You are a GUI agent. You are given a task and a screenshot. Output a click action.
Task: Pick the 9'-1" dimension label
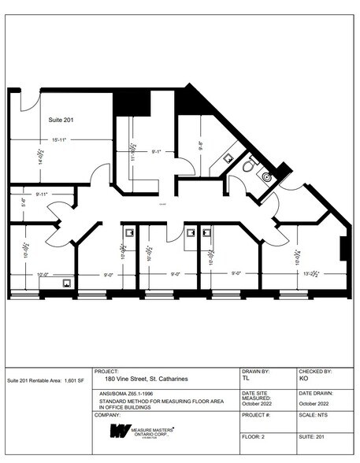click(x=157, y=151)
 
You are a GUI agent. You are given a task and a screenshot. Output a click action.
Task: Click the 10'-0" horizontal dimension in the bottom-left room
click(x=44, y=274)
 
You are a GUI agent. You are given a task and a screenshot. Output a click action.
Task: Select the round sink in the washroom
click(x=266, y=177)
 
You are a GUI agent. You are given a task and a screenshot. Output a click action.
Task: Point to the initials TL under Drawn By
click(x=247, y=379)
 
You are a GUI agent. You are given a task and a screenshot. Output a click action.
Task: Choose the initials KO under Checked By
click(x=304, y=379)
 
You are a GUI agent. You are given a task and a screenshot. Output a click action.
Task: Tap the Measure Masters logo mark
click(x=120, y=431)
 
